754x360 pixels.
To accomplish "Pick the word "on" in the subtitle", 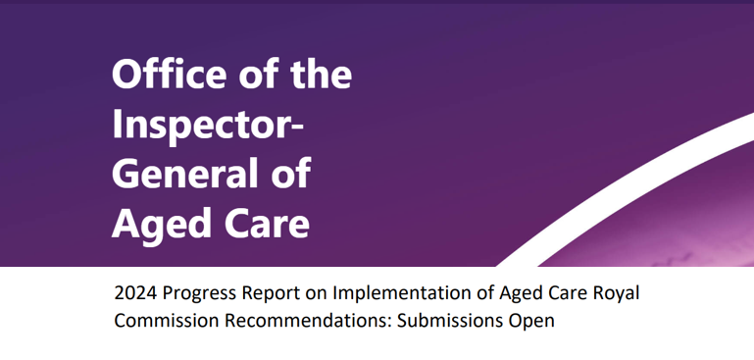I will click(x=319, y=294).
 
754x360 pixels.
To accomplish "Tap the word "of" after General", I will click(x=289, y=175).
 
